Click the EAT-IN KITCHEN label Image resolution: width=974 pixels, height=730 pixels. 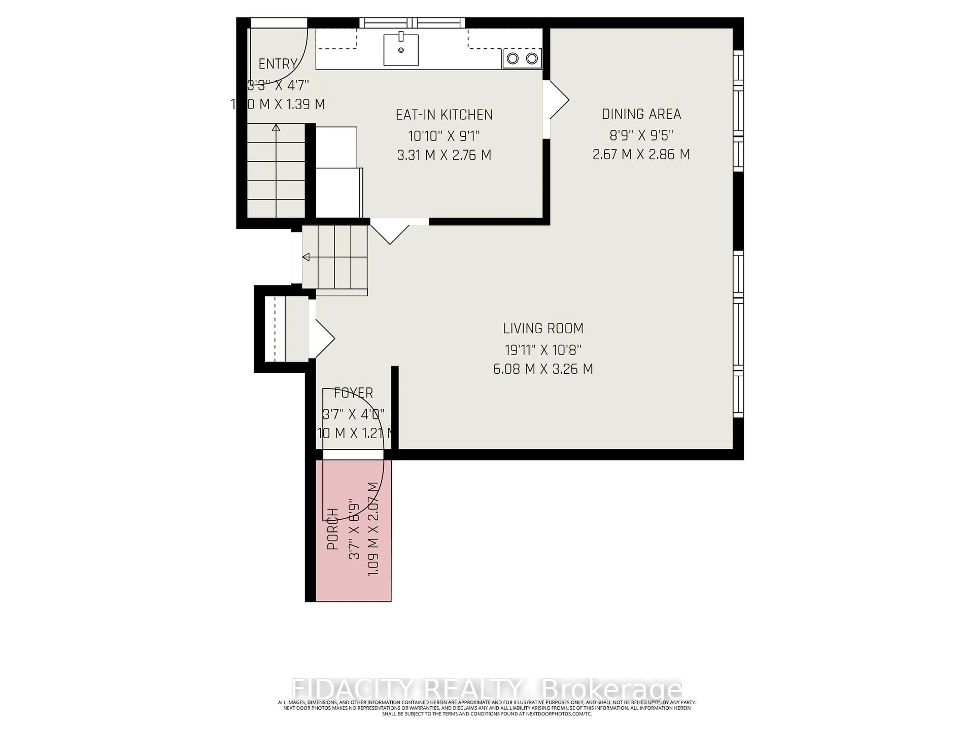(444, 115)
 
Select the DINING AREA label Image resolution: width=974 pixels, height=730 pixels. (641, 114)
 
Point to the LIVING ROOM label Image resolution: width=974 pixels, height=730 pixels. (543, 328)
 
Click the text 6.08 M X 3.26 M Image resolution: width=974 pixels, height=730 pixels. (543, 369)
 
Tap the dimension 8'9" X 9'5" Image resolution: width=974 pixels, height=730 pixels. (641, 135)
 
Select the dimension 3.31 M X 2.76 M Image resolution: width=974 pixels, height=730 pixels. (444, 155)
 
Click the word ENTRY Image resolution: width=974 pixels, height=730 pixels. (277, 64)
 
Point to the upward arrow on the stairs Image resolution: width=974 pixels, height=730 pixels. (276, 128)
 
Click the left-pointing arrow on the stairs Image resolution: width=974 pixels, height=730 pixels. (306, 257)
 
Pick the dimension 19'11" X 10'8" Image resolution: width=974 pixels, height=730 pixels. (543, 350)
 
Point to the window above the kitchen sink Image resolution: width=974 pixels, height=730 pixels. (412, 23)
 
